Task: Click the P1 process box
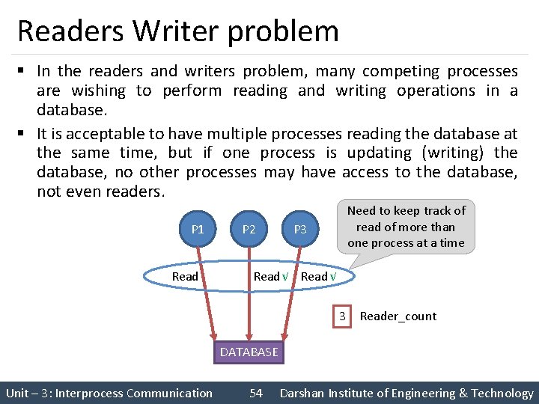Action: [x=198, y=229]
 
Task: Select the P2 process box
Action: [x=249, y=229]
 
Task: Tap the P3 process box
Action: [x=300, y=229]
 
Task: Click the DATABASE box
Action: [x=249, y=352]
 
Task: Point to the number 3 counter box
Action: [x=342, y=316]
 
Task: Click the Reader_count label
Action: [x=398, y=316]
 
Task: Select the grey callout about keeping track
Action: [x=406, y=227]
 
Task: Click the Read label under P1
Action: [x=185, y=276]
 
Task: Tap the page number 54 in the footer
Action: [x=256, y=393]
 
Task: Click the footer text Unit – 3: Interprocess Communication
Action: [x=109, y=393]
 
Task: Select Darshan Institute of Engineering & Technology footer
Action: [x=406, y=393]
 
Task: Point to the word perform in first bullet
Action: [x=192, y=91]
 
